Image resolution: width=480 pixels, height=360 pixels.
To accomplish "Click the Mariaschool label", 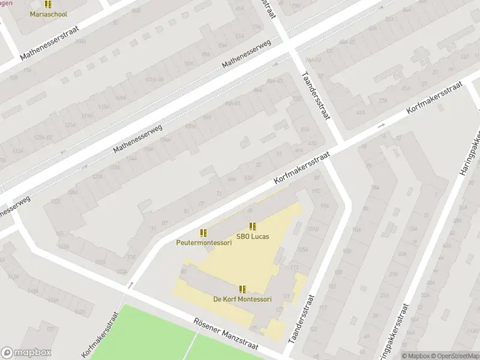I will pos(49,14).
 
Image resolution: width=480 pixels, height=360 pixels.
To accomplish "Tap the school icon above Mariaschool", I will pos(49,4).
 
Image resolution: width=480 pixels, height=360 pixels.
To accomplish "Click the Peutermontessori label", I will pos(203,243).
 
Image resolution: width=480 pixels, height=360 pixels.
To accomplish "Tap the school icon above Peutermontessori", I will pos(203,233).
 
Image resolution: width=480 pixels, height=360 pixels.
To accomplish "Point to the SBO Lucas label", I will pos(253,236).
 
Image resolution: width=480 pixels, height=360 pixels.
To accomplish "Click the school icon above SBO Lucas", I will pos(253,226).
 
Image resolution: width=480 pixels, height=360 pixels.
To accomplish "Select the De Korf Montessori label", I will pos(242,299).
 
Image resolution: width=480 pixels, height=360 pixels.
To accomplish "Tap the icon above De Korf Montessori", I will pos(242,289).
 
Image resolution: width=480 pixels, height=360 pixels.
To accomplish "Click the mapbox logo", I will pos(26,353).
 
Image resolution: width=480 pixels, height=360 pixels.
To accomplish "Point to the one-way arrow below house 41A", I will pos(380,125).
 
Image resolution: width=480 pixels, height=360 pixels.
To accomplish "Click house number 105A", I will pos(302,250).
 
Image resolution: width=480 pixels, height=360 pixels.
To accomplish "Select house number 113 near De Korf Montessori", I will pos(295,268).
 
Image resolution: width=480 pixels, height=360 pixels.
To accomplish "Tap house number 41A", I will pos(360,112).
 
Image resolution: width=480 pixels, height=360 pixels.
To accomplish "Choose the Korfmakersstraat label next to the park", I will pos(98,338).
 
